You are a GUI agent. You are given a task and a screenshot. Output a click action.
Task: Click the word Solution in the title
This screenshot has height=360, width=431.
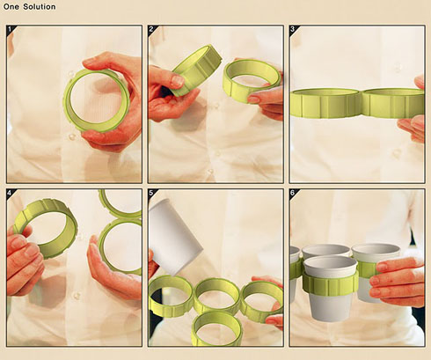(x=39, y=6)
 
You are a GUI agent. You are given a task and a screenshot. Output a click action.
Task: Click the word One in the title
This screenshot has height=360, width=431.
(x=11, y=6)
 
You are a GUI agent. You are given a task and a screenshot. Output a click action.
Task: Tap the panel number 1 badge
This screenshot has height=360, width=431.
(x=11, y=29)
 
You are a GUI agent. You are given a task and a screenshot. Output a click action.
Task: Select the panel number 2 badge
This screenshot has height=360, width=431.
(x=152, y=29)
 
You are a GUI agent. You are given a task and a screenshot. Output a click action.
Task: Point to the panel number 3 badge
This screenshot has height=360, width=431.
(x=293, y=29)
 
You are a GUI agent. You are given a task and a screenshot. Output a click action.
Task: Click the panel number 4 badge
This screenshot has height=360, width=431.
(x=11, y=193)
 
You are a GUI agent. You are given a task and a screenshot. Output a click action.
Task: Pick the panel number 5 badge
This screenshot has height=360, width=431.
(x=152, y=193)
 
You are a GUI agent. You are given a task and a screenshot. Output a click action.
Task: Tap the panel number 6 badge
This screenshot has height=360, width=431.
(x=293, y=193)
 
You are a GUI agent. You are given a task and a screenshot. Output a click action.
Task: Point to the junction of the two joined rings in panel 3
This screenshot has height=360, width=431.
(x=362, y=103)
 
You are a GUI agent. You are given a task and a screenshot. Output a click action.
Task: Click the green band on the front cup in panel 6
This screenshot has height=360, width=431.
(x=331, y=284)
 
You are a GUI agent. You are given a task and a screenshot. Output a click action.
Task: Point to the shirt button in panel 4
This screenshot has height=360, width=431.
(x=77, y=296)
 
